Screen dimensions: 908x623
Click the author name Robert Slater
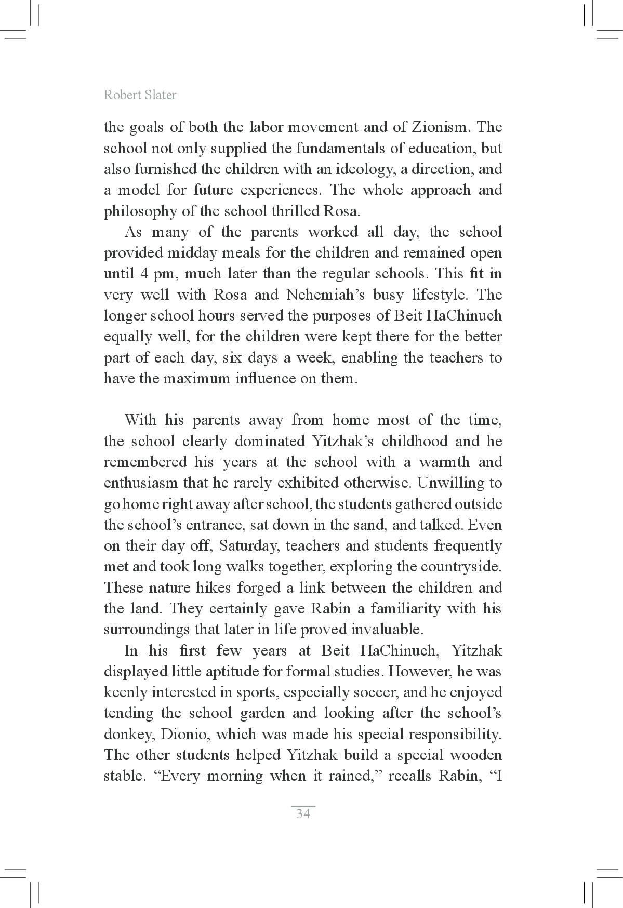point(140,95)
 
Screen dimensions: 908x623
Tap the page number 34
point(303,813)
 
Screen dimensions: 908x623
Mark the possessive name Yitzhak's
point(342,442)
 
